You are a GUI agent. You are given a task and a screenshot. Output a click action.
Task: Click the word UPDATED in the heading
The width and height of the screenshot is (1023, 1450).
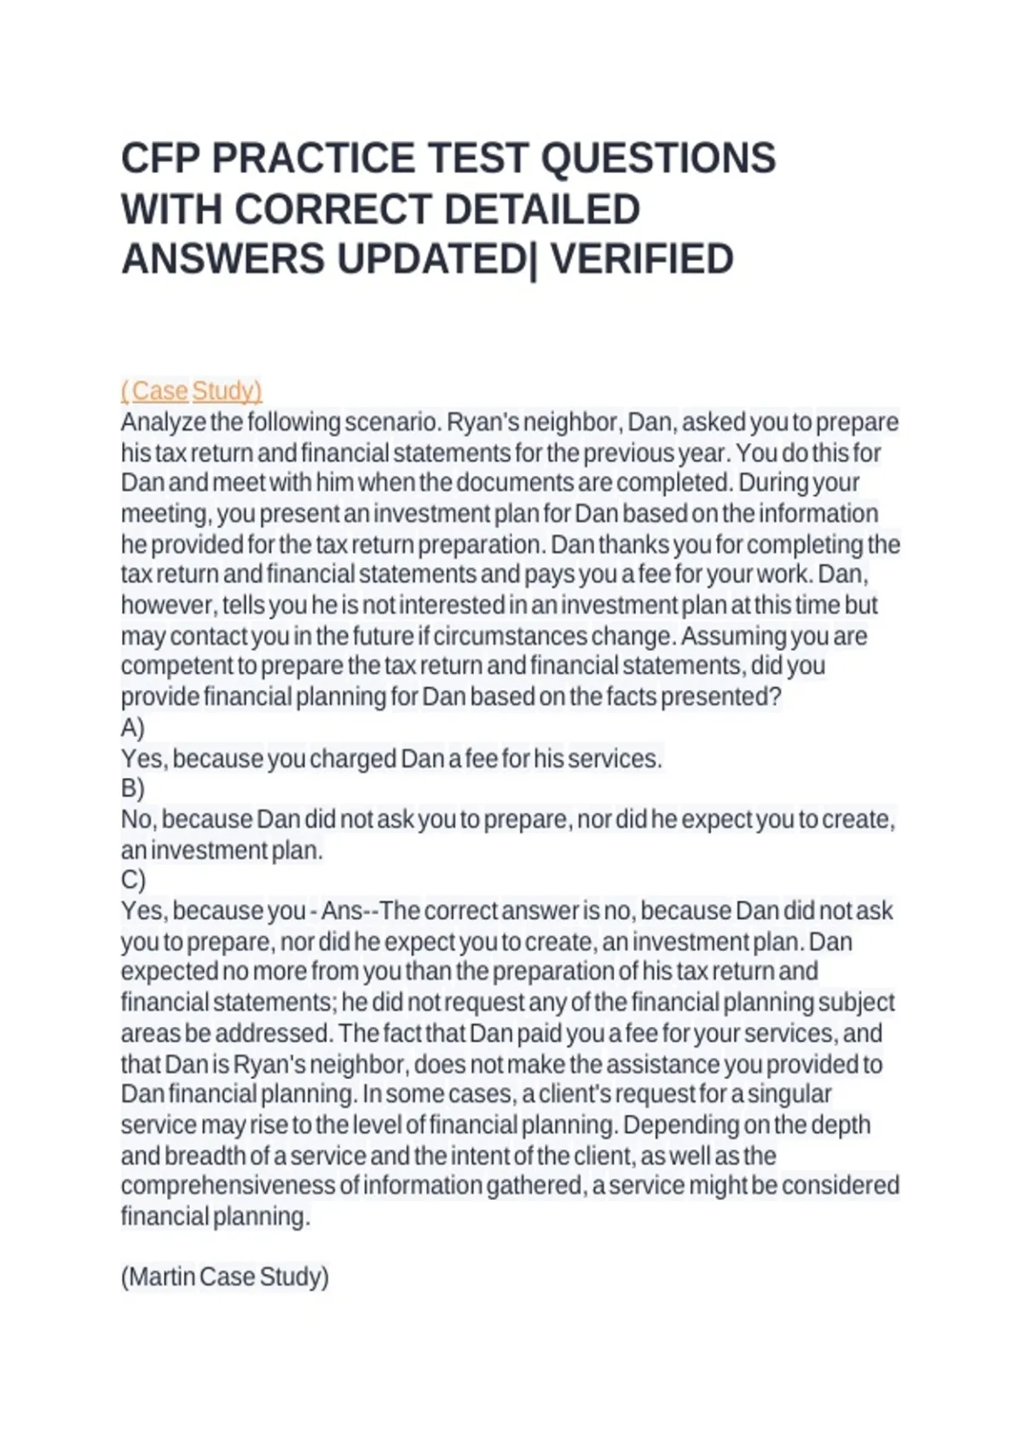[x=432, y=259]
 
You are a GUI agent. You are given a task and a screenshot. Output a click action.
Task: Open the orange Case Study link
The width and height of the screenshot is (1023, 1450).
[x=192, y=391]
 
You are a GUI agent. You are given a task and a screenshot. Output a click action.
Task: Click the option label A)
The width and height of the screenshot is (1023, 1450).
[x=133, y=728]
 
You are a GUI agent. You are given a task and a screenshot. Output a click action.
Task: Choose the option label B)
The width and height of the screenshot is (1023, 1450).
[x=133, y=787]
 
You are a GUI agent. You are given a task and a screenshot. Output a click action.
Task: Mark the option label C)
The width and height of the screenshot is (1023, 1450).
[x=133, y=879]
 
